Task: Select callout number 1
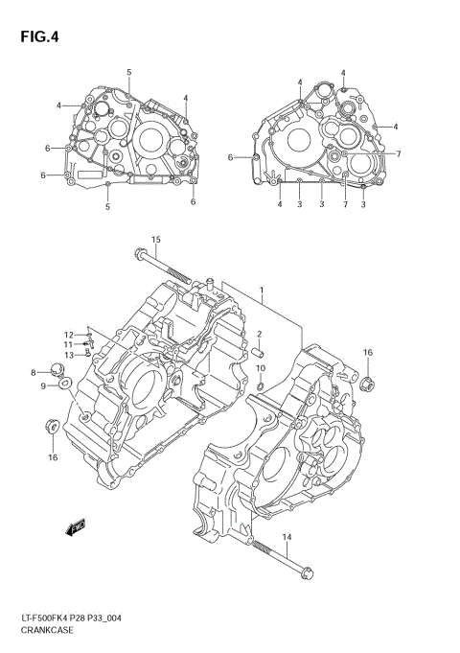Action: click(x=260, y=289)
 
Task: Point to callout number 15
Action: click(x=155, y=239)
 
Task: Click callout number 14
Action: click(x=286, y=536)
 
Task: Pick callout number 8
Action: click(x=33, y=372)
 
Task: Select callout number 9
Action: click(x=43, y=386)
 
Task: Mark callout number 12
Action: click(x=69, y=335)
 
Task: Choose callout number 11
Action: click(x=69, y=344)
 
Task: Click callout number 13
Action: click(x=69, y=355)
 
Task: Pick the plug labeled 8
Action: click(x=57, y=371)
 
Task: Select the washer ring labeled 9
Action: click(x=64, y=385)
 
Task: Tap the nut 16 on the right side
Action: click(x=366, y=385)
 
